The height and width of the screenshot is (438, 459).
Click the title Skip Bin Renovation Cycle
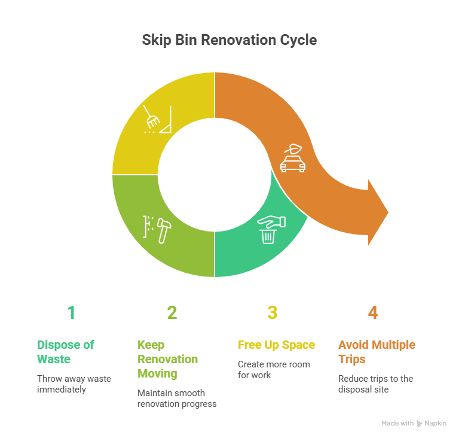229,41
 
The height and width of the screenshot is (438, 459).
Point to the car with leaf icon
293,158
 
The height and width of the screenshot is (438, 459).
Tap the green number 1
71,313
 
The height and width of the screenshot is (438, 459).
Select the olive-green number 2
172,313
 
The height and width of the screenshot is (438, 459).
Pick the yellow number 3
273,313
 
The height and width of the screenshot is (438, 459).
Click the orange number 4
373,313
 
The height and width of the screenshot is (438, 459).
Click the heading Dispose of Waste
66,352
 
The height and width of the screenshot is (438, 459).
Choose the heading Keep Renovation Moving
168,359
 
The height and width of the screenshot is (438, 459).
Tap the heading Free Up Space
276,345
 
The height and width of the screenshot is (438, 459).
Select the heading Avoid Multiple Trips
377,352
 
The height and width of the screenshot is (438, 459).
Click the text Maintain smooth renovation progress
176,399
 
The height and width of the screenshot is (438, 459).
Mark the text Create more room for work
266,369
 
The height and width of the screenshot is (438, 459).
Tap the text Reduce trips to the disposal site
375,384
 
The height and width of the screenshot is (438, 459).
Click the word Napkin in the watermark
436,424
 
